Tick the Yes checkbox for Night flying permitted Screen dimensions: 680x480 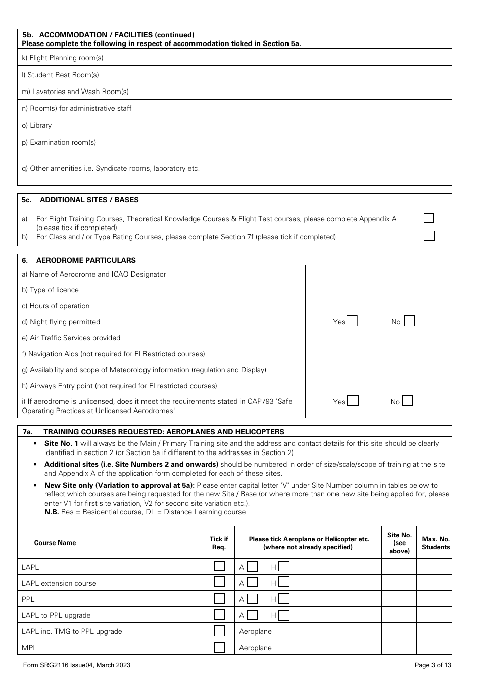[352, 321]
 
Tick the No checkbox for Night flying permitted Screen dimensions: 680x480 [409, 321]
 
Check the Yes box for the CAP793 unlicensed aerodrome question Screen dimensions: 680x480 [353, 401]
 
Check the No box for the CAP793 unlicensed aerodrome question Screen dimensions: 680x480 [407, 401]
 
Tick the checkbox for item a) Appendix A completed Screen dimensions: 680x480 [429, 218]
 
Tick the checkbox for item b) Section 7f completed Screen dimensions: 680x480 [429, 236]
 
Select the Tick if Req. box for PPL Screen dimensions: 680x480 [219, 599]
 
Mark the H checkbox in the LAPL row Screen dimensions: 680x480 [283, 567]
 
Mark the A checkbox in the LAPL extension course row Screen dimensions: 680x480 [252, 583]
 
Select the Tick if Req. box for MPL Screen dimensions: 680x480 [219, 647]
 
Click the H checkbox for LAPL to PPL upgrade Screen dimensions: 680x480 [283, 615]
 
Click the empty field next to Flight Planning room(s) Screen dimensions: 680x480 [336, 57]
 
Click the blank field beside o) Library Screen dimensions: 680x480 [336, 125]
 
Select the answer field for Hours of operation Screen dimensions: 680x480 [378, 305]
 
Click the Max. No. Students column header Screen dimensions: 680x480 [436, 542]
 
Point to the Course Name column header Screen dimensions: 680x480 [55, 543]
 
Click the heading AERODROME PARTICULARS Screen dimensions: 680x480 [86, 260]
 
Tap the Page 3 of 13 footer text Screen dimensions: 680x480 [433, 665]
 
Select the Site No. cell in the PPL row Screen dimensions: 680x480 [399, 599]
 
